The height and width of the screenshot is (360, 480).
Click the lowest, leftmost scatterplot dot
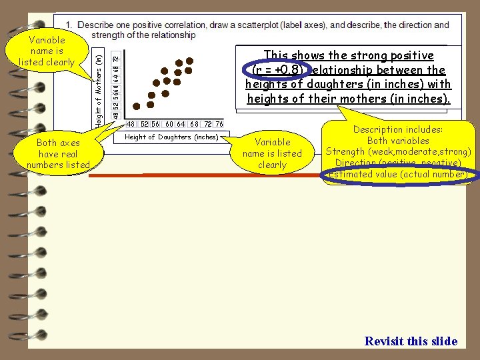pos(137,105)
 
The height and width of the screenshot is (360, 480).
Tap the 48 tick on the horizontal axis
pos(131,124)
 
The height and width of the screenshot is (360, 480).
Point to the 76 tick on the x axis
pos(219,124)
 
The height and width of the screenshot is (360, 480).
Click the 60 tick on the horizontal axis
pos(169,124)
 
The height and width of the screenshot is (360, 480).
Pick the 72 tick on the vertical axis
pos(116,58)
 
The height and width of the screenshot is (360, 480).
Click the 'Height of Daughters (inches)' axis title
pos(171,137)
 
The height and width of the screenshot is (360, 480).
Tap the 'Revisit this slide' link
pos(411,341)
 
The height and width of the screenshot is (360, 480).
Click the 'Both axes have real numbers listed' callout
pos(58,153)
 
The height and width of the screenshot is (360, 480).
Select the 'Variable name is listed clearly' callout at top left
pos(47,51)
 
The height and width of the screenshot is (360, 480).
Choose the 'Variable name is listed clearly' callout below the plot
pos(272,153)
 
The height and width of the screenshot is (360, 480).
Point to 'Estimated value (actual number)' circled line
pos(397,175)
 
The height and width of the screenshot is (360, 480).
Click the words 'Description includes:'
pos(398,130)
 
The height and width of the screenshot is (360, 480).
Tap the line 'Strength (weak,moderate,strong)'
pos(398,152)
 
